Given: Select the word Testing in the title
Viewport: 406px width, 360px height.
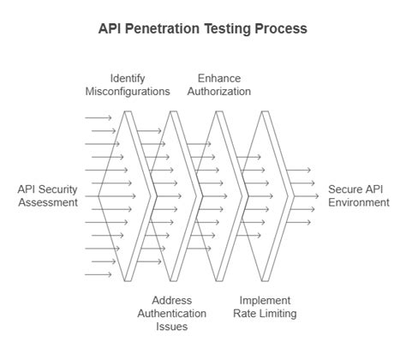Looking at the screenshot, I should point(230,28).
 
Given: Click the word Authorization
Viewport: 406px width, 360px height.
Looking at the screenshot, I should point(218,92).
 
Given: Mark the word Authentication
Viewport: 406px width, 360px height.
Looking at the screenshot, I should point(171,314).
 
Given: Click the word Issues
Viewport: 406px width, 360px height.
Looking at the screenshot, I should point(171,327).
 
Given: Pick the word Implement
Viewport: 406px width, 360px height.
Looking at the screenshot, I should point(265,301).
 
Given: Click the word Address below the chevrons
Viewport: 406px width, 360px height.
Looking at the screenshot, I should point(171,301).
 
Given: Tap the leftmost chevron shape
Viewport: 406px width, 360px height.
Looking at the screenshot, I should point(137,196).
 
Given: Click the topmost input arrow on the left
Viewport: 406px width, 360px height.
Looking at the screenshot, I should point(98,117).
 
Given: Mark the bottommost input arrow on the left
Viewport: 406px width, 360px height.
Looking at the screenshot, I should point(98,274).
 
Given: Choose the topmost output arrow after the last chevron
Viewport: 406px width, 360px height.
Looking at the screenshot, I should point(298,170).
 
